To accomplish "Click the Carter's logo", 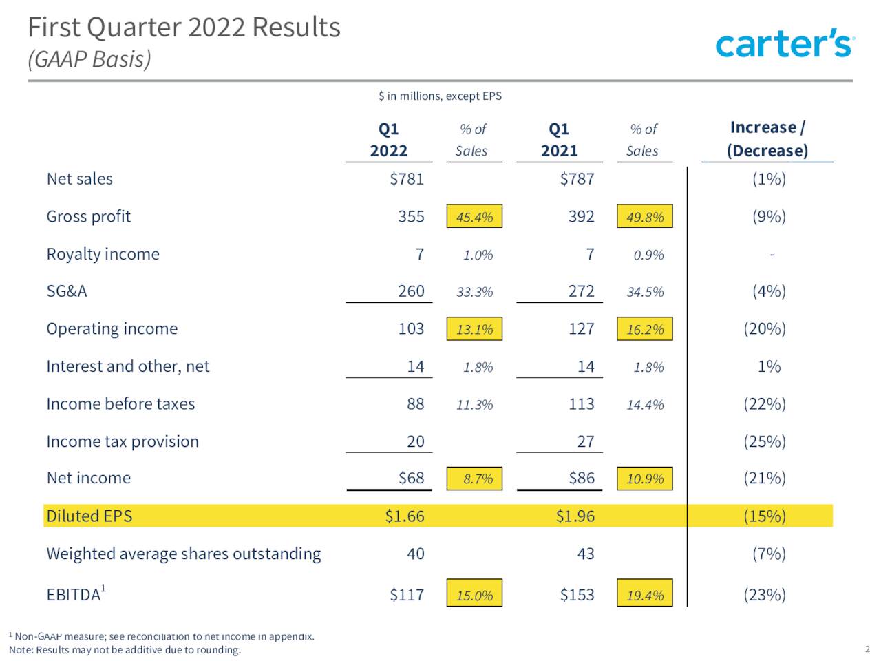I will pyautogui.click(x=784, y=43).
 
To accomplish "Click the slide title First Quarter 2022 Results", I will pyautogui.click(x=184, y=28).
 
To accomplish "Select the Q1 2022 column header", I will pyautogui.click(x=389, y=140).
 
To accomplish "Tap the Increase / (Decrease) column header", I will pyautogui.click(x=767, y=139).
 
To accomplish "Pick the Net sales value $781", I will pyautogui.click(x=407, y=179).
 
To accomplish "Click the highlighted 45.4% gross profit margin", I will pyautogui.click(x=474, y=217).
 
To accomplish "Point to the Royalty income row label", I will pyautogui.click(x=103, y=254).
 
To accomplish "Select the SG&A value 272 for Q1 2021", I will pyautogui.click(x=581, y=291).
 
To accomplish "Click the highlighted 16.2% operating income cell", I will pyautogui.click(x=645, y=329).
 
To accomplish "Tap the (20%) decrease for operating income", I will pyautogui.click(x=764, y=329).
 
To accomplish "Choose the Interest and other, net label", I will pyautogui.click(x=127, y=366).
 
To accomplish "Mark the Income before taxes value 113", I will pyautogui.click(x=581, y=404).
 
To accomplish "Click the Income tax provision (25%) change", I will pyautogui.click(x=764, y=441).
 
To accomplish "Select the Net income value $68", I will pyautogui.click(x=411, y=478).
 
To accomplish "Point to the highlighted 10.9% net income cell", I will pyautogui.click(x=645, y=479).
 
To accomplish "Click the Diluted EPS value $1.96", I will pyautogui.click(x=575, y=516).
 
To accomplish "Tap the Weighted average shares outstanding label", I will pyautogui.click(x=183, y=554).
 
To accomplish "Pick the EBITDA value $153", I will pyautogui.click(x=577, y=595).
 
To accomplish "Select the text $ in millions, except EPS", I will pyautogui.click(x=440, y=96).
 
